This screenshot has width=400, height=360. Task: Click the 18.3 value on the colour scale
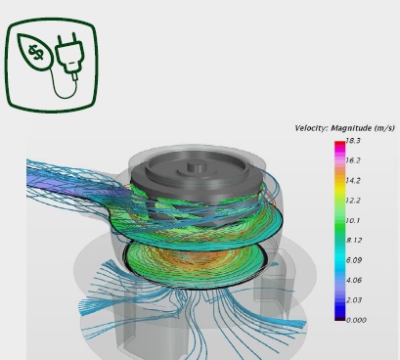pos(353,141)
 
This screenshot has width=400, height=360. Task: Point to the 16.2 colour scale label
pos(353,160)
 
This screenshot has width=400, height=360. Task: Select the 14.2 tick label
pos(353,181)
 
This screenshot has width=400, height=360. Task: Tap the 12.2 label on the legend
pos(353,201)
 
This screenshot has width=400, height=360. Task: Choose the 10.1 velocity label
pos(353,221)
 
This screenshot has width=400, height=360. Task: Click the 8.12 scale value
pos(354,241)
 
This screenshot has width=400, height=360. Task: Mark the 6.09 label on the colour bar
pos(354,260)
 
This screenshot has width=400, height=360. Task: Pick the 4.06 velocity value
pos(354,280)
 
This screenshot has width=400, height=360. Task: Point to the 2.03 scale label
pos(354,300)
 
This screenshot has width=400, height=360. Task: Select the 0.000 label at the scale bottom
pos(356,320)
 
